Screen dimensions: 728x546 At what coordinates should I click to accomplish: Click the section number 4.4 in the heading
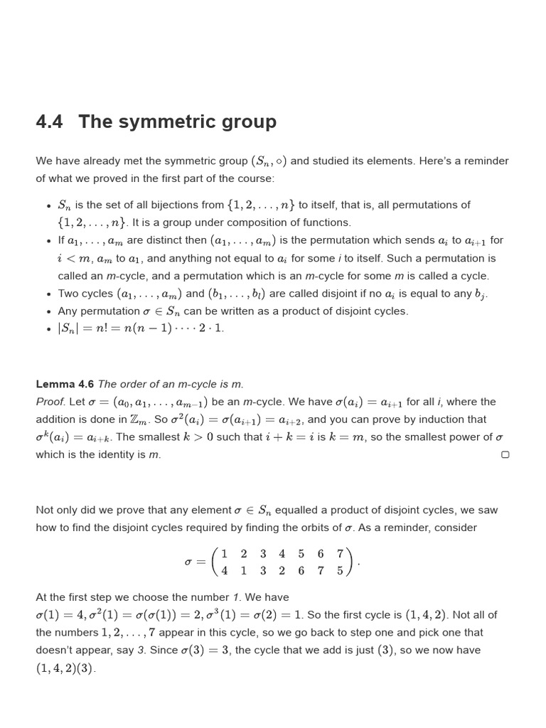click(49, 122)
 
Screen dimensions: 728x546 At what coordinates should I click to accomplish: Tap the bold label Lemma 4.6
click(65, 384)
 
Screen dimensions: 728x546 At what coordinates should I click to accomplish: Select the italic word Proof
click(50, 402)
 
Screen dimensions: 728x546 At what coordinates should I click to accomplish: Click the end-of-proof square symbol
click(505, 455)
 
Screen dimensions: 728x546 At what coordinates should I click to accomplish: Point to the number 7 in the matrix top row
click(340, 554)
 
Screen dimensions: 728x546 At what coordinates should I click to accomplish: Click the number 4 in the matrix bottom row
click(224, 570)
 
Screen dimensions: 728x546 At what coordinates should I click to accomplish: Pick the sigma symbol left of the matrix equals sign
click(188, 562)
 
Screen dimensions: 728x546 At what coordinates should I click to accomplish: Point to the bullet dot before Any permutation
click(48, 311)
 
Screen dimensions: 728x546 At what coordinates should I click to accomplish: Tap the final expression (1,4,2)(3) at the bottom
click(65, 668)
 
